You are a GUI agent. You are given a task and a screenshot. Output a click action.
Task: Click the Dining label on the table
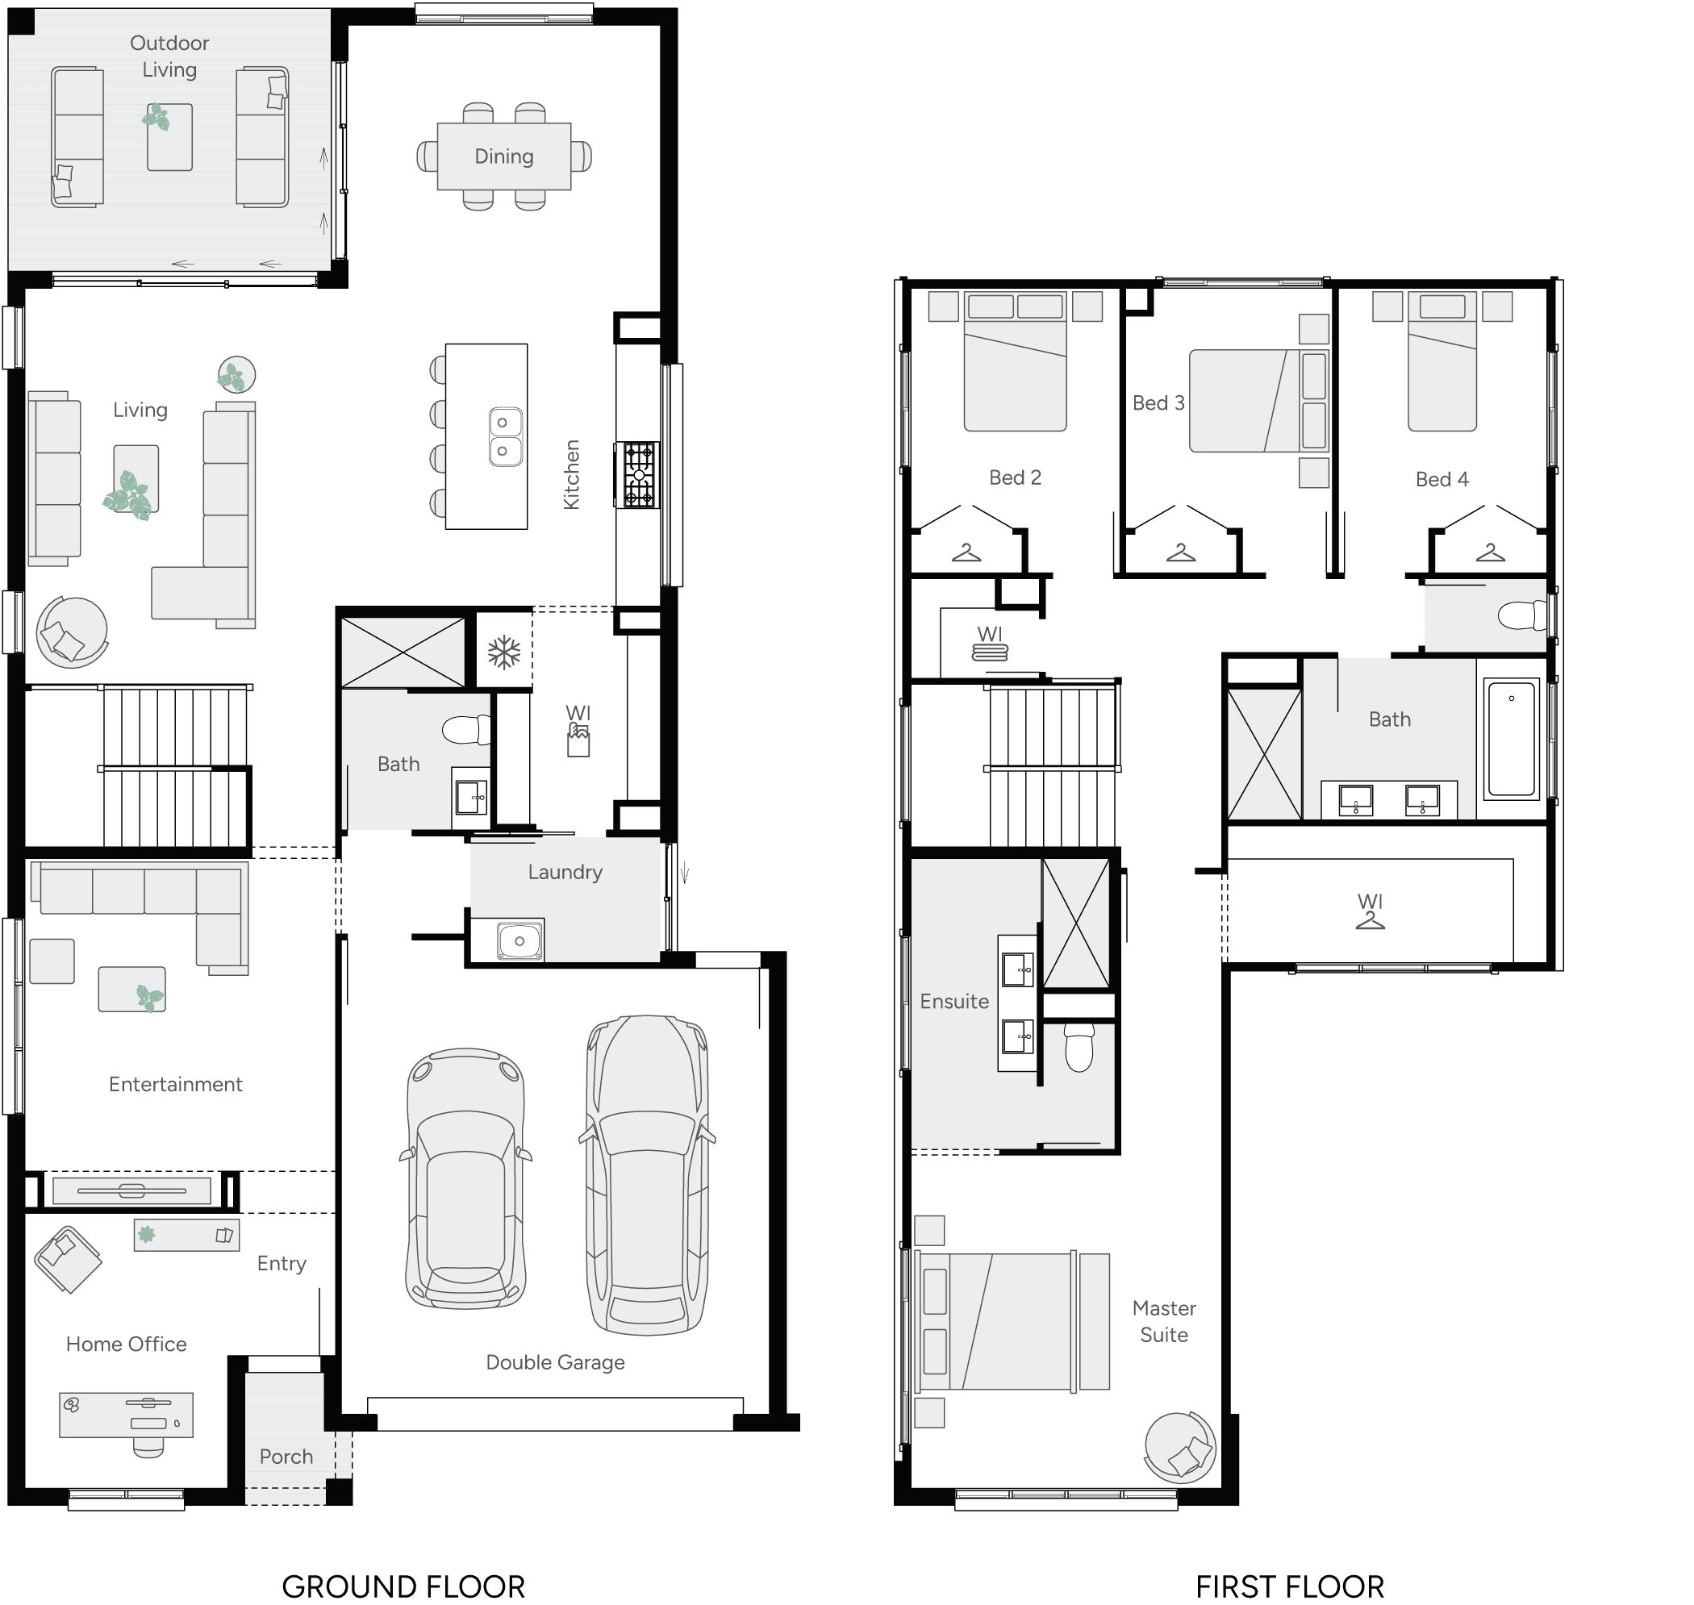pos(504,156)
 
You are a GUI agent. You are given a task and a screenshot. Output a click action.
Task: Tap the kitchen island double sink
pos(506,436)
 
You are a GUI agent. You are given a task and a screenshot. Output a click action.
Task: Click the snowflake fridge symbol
pos(504,652)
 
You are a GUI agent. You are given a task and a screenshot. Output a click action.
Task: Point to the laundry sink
pos(519,941)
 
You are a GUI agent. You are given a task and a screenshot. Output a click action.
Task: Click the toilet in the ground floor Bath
pos(467,730)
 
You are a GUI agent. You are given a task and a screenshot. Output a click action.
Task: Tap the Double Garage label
pos(555,1362)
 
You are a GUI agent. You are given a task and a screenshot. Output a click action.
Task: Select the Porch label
pos(286,1456)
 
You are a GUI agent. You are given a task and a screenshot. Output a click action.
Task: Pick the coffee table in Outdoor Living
pos(169,137)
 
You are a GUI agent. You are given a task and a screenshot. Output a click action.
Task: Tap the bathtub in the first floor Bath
pos(1512,738)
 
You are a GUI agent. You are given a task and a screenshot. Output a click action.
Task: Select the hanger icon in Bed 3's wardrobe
pos(1181,553)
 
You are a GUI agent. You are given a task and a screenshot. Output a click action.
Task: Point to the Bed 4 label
pos(1442,479)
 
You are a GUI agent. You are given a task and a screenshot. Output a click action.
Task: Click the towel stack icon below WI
pos(990,652)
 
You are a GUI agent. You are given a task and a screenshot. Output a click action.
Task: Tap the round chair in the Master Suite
pos(1180,1447)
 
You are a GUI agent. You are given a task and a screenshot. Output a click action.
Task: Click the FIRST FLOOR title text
pos(1289,1587)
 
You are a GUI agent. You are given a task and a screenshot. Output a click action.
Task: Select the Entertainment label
pos(175,1084)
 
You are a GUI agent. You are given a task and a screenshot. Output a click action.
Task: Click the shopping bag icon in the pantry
pos(578,741)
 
